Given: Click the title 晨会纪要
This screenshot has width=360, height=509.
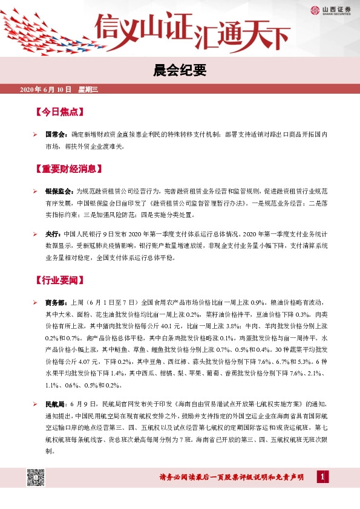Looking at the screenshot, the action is pos(180,72).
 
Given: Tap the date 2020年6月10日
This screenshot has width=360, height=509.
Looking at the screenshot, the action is pos(46,90).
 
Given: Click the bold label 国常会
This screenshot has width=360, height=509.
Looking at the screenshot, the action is pos(54,135).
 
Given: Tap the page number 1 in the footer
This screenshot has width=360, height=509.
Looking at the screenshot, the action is pos(323,478).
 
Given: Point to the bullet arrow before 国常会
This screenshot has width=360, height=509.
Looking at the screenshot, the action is pos(36,135).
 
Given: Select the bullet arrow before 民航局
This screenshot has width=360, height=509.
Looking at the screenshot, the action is pos(36,403).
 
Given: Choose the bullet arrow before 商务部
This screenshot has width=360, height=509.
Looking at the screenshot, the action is pos(36,301).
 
